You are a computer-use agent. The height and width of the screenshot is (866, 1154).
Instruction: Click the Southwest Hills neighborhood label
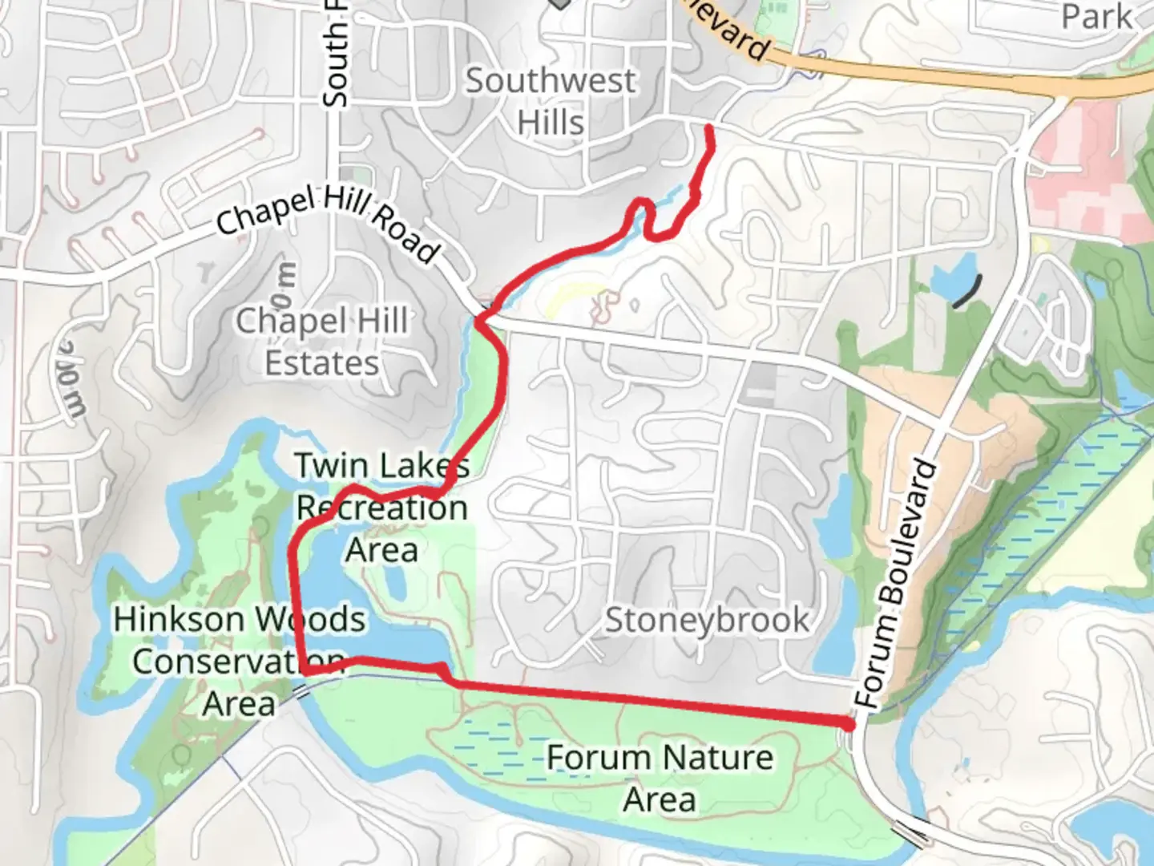551,102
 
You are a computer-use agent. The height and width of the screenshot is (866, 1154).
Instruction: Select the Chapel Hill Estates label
322,342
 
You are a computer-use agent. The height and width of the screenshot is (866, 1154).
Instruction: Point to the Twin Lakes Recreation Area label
382,508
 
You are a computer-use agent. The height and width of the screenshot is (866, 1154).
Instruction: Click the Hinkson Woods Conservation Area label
239,662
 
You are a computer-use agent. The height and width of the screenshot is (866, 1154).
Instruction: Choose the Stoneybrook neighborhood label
707,620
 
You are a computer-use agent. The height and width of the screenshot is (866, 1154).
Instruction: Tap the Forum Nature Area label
660,778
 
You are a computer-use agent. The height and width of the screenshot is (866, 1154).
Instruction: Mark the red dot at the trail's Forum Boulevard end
849,724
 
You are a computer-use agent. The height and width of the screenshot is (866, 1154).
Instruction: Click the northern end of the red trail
710,128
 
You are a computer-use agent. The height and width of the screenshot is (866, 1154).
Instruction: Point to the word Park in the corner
1096,18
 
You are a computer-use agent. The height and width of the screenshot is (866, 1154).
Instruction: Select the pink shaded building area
1082,168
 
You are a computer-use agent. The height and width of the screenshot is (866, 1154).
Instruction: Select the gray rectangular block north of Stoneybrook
757,383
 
